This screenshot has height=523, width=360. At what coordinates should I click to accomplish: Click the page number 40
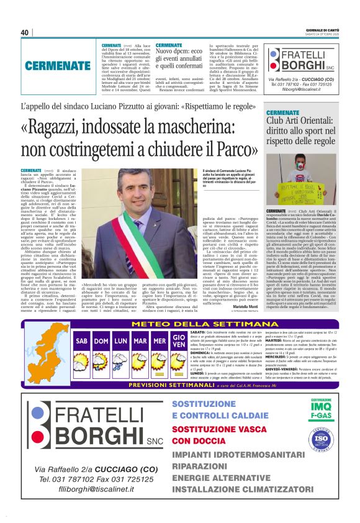pos(24,32)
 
